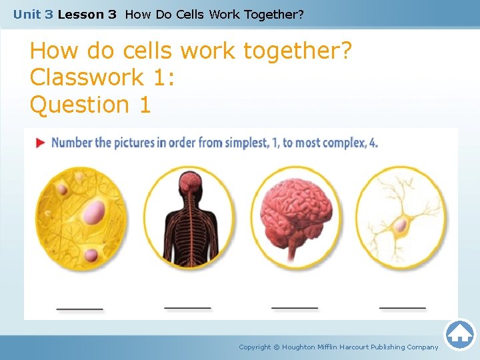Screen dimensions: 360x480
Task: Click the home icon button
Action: click(459, 334)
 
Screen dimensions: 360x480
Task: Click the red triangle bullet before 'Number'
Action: click(40, 143)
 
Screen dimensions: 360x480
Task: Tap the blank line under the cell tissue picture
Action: click(79, 309)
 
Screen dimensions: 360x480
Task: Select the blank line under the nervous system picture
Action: click(187, 308)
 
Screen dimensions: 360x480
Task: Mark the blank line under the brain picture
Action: click(295, 308)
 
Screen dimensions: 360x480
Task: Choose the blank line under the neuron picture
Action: click(402, 308)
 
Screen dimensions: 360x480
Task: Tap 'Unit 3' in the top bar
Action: click(33, 14)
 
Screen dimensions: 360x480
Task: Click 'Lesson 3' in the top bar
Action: click(87, 14)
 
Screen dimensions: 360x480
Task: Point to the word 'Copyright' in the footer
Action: click(255, 347)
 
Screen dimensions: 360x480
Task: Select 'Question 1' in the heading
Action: click(91, 105)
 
